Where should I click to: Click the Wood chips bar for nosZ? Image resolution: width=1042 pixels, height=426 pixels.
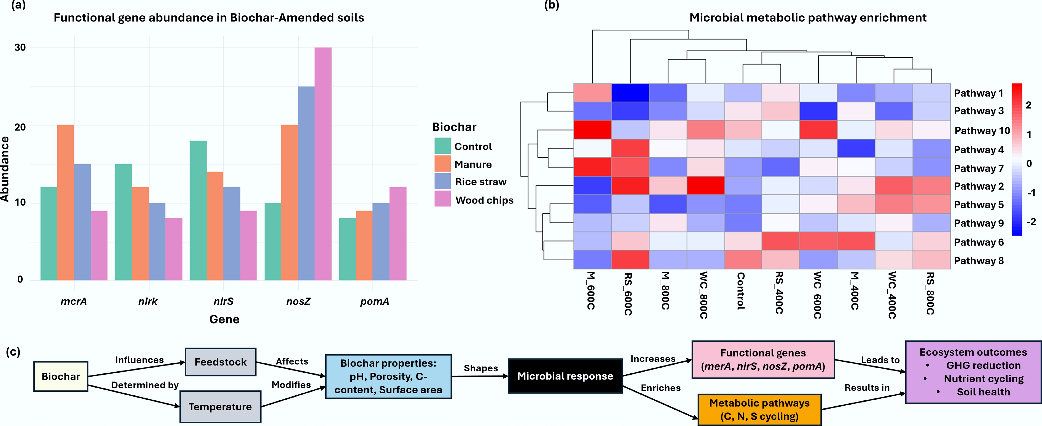[323, 164]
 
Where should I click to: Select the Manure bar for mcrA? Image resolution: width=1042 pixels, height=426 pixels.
[66, 202]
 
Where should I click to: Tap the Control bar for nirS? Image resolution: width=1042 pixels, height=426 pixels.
[198, 211]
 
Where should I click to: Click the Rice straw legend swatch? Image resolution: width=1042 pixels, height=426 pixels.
[442, 181]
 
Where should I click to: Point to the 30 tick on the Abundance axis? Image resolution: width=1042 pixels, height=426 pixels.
[20, 47]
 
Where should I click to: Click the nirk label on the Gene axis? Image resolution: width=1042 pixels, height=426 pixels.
[148, 301]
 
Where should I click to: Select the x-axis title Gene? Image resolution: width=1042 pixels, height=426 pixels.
[224, 319]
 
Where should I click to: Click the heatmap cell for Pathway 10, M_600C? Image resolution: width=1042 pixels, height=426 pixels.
[592, 130]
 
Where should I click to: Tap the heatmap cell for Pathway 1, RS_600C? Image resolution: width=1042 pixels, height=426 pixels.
[630, 93]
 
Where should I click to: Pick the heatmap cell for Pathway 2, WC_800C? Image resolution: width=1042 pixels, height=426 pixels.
[705, 186]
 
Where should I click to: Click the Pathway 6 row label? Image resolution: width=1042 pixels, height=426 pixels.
[979, 242]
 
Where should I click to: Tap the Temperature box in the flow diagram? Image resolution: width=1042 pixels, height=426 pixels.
[220, 407]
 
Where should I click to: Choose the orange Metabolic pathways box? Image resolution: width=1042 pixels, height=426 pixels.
[759, 409]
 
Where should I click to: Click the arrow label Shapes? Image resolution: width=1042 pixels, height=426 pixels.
[480, 368]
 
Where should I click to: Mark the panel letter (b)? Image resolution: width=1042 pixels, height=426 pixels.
[551, 5]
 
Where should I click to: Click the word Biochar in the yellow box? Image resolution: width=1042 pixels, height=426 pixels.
[61, 377]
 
